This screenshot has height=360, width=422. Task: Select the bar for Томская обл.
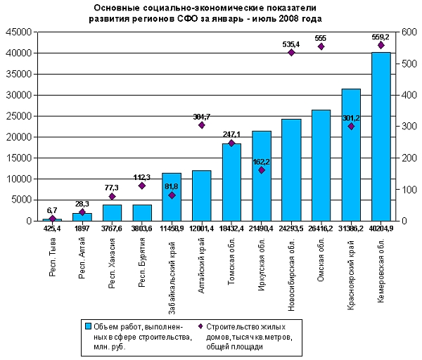(231, 182)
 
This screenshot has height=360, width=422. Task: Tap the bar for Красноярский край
(351, 155)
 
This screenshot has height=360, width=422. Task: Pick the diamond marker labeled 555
(321, 46)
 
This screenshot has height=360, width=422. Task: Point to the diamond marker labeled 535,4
(291, 53)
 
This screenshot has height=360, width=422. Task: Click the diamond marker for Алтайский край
(202, 125)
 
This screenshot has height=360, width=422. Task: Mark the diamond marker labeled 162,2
(262, 170)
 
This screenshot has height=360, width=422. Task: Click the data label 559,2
(381, 36)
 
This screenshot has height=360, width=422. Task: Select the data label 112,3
(142, 176)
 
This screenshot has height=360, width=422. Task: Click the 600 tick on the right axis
(407, 32)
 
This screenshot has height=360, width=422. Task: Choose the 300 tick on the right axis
(407, 127)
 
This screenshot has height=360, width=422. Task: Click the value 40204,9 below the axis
(381, 228)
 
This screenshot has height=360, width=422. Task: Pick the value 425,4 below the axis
(53, 228)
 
